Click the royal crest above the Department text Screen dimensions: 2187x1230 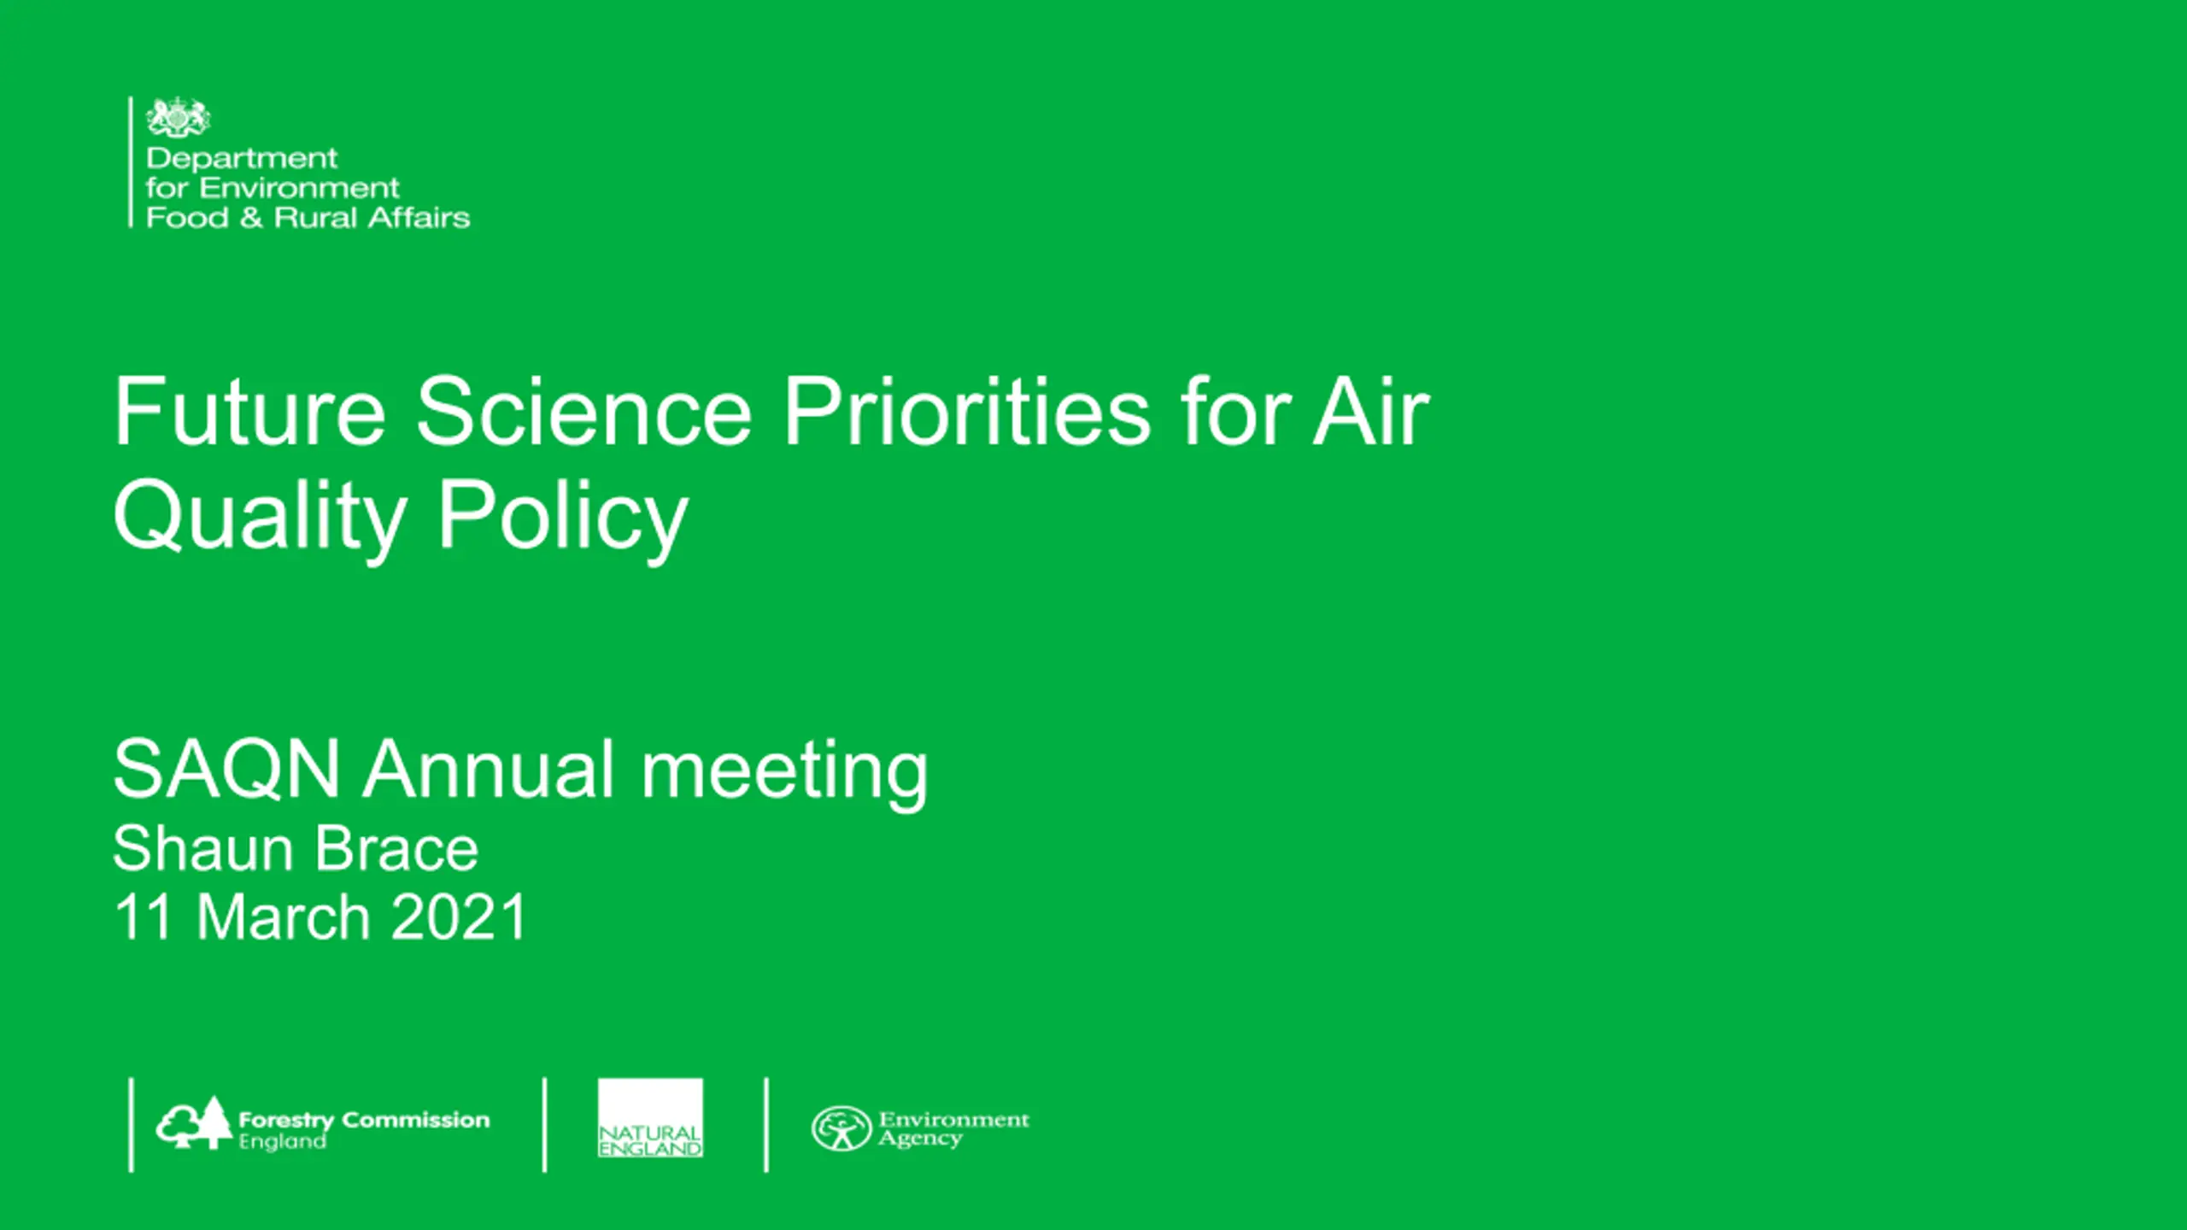178,117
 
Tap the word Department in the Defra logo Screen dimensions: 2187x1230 242,159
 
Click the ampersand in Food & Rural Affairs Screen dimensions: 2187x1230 251,218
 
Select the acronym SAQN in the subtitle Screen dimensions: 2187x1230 226,769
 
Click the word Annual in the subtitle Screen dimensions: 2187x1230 489,769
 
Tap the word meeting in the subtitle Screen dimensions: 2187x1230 784,772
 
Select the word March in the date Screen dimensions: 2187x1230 284,917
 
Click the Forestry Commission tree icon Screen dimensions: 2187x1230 194,1122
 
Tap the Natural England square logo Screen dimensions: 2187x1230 650,1118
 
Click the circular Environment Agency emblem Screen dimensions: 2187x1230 841,1128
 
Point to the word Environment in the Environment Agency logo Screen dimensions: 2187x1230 954,1119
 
